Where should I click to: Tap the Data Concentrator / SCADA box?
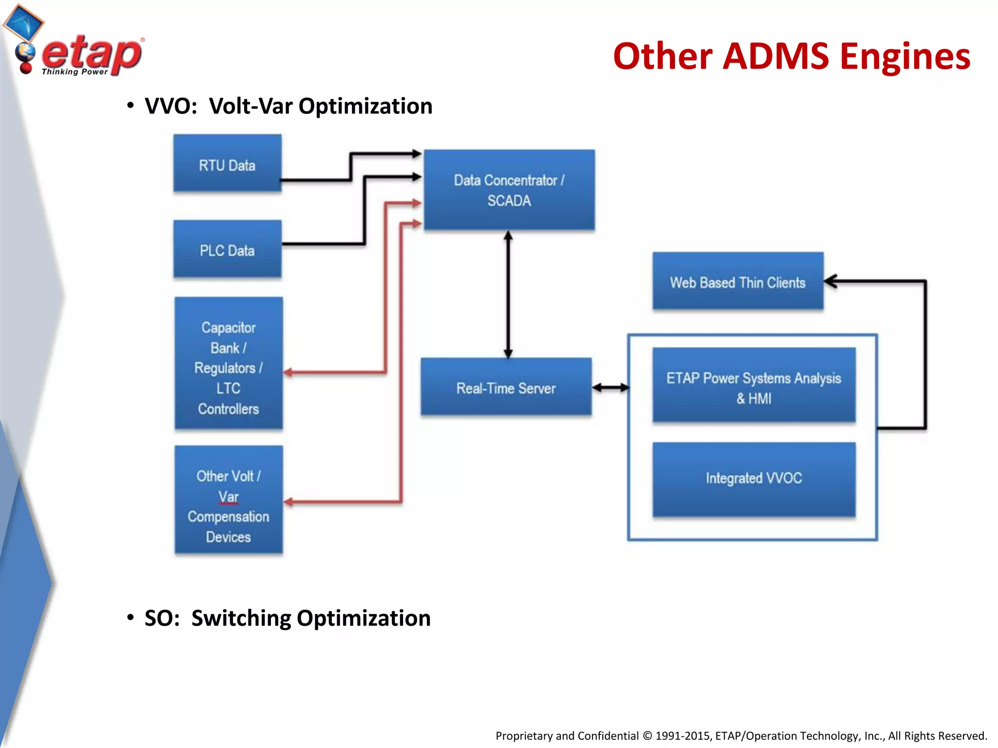(x=509, y=190)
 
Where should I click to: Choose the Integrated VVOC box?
(x=753, y=478)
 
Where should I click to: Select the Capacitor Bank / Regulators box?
(x=228, y=363)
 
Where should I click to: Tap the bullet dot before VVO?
(x=130, y=106)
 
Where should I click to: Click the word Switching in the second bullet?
(x=241, y=618)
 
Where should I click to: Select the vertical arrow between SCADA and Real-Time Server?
(x=508, y=294)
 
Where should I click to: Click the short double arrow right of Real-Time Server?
(x=610, y=388)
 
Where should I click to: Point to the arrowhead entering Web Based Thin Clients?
(x=829, y=281)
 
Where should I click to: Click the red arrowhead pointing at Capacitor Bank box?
(x=288, y=373)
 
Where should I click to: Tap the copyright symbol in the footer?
(x=647, y=736)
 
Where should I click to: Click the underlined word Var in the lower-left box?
(x=228, y=497)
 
